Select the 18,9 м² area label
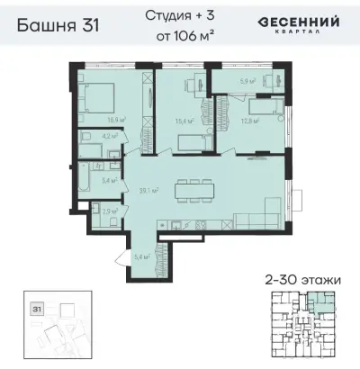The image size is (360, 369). pos(115,118)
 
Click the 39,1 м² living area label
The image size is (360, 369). pos(149,190)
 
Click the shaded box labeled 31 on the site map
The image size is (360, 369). pos(37,308)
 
